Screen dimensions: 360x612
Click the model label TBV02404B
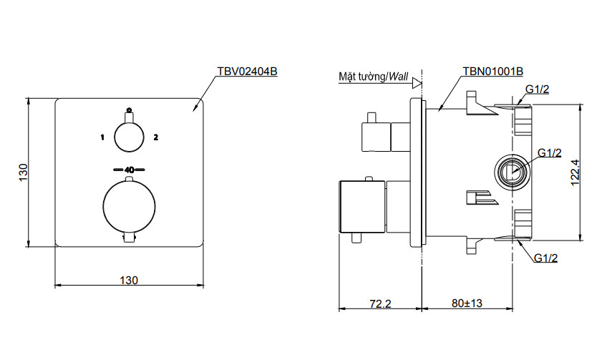[246, 72]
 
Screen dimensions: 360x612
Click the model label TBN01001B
[492, 72]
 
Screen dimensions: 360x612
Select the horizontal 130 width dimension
[129, 280]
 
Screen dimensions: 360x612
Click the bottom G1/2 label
[545, 258]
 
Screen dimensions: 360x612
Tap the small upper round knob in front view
[129, 136]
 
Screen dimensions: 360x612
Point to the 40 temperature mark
[130, 170]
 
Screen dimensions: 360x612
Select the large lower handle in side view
[361, 208]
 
